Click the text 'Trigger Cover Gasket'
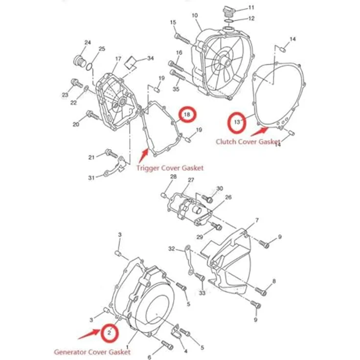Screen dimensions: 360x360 click(170, 168)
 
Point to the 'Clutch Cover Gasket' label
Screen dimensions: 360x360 click(248, 142)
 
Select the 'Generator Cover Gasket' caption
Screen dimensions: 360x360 click(92, 352)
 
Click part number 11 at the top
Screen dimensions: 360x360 click(251, 7)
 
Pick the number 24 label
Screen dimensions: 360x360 click(88, 43)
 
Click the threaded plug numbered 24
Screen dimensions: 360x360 click(80, 61)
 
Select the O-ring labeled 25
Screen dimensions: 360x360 click(89, 67)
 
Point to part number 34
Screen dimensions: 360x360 click(150, 58)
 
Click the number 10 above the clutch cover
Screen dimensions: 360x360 click(195, 15)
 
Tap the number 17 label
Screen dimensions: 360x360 click(118, 59)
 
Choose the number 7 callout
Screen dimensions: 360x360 click(257, 220)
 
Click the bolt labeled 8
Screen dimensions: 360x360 click(261, 291)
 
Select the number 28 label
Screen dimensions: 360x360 click(173, 177)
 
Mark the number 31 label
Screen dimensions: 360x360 click(91, 178)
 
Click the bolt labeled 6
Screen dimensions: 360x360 click(168, 344)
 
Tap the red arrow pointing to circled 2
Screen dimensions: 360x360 click(89, 334)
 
